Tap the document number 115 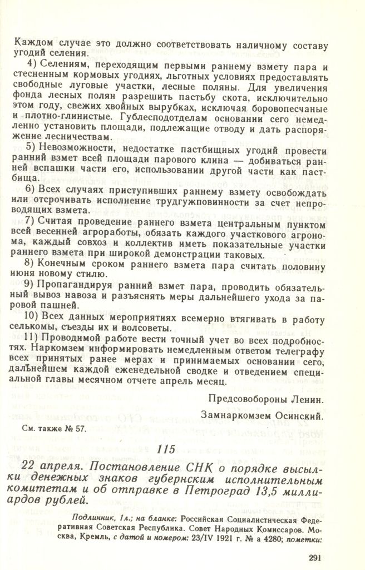(x=167, y=450)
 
